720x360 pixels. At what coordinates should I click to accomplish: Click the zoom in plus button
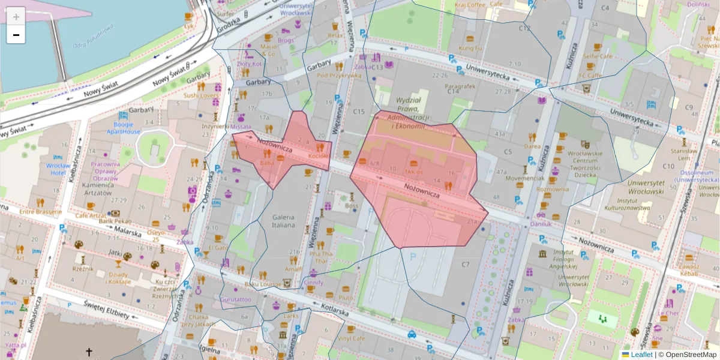16,16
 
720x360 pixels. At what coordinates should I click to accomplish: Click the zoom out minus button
16,35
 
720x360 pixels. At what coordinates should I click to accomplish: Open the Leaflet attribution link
641,355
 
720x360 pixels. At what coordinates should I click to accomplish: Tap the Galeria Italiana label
283,221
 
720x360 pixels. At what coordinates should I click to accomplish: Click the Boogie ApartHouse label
123,128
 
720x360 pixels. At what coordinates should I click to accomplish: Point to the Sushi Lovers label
201,95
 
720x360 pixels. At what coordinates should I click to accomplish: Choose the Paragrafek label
460,86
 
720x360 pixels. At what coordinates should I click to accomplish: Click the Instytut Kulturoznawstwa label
634,204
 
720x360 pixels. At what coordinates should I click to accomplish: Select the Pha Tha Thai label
318,257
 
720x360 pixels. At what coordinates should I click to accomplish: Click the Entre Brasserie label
41,212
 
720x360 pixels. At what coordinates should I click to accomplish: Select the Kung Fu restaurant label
470,48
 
